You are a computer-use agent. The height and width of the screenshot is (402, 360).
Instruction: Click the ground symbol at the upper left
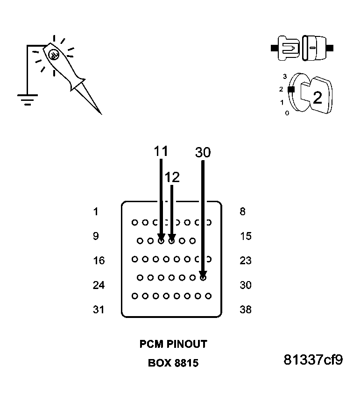point(28,99)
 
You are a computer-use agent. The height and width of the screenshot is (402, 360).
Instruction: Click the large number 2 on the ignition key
point(317,98)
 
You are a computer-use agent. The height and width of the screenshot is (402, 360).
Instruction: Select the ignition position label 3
point(284,76)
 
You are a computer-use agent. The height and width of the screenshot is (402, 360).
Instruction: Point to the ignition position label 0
point(286,113)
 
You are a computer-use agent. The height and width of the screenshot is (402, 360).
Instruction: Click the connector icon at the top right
point(302,48)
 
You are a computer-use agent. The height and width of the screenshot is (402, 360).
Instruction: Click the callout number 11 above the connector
point(161,151)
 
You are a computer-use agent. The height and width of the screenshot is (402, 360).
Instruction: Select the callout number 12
point(172,177)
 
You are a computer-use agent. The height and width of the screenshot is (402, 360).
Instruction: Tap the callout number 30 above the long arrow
point(203,153)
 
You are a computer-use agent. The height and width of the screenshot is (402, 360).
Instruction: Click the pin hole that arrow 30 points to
point(203,278)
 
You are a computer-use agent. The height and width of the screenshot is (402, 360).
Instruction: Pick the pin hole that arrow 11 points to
point(161,241)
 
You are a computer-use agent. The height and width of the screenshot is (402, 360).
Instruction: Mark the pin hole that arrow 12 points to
point(172,241)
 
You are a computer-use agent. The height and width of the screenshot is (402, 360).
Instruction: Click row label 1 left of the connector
point(96,212)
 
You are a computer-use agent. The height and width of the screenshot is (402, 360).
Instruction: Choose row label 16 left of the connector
point(99,261)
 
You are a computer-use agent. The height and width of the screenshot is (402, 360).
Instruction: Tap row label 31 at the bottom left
point(99,309)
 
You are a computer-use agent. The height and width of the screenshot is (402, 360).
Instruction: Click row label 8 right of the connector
point(242,212)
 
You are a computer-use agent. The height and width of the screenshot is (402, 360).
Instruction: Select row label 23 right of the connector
point(246,261)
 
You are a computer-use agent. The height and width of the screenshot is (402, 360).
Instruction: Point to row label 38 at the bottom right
point(246,309)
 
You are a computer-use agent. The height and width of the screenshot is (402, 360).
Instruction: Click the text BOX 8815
point(173,363)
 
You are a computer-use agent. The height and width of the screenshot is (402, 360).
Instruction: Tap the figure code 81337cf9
point(313,360)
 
